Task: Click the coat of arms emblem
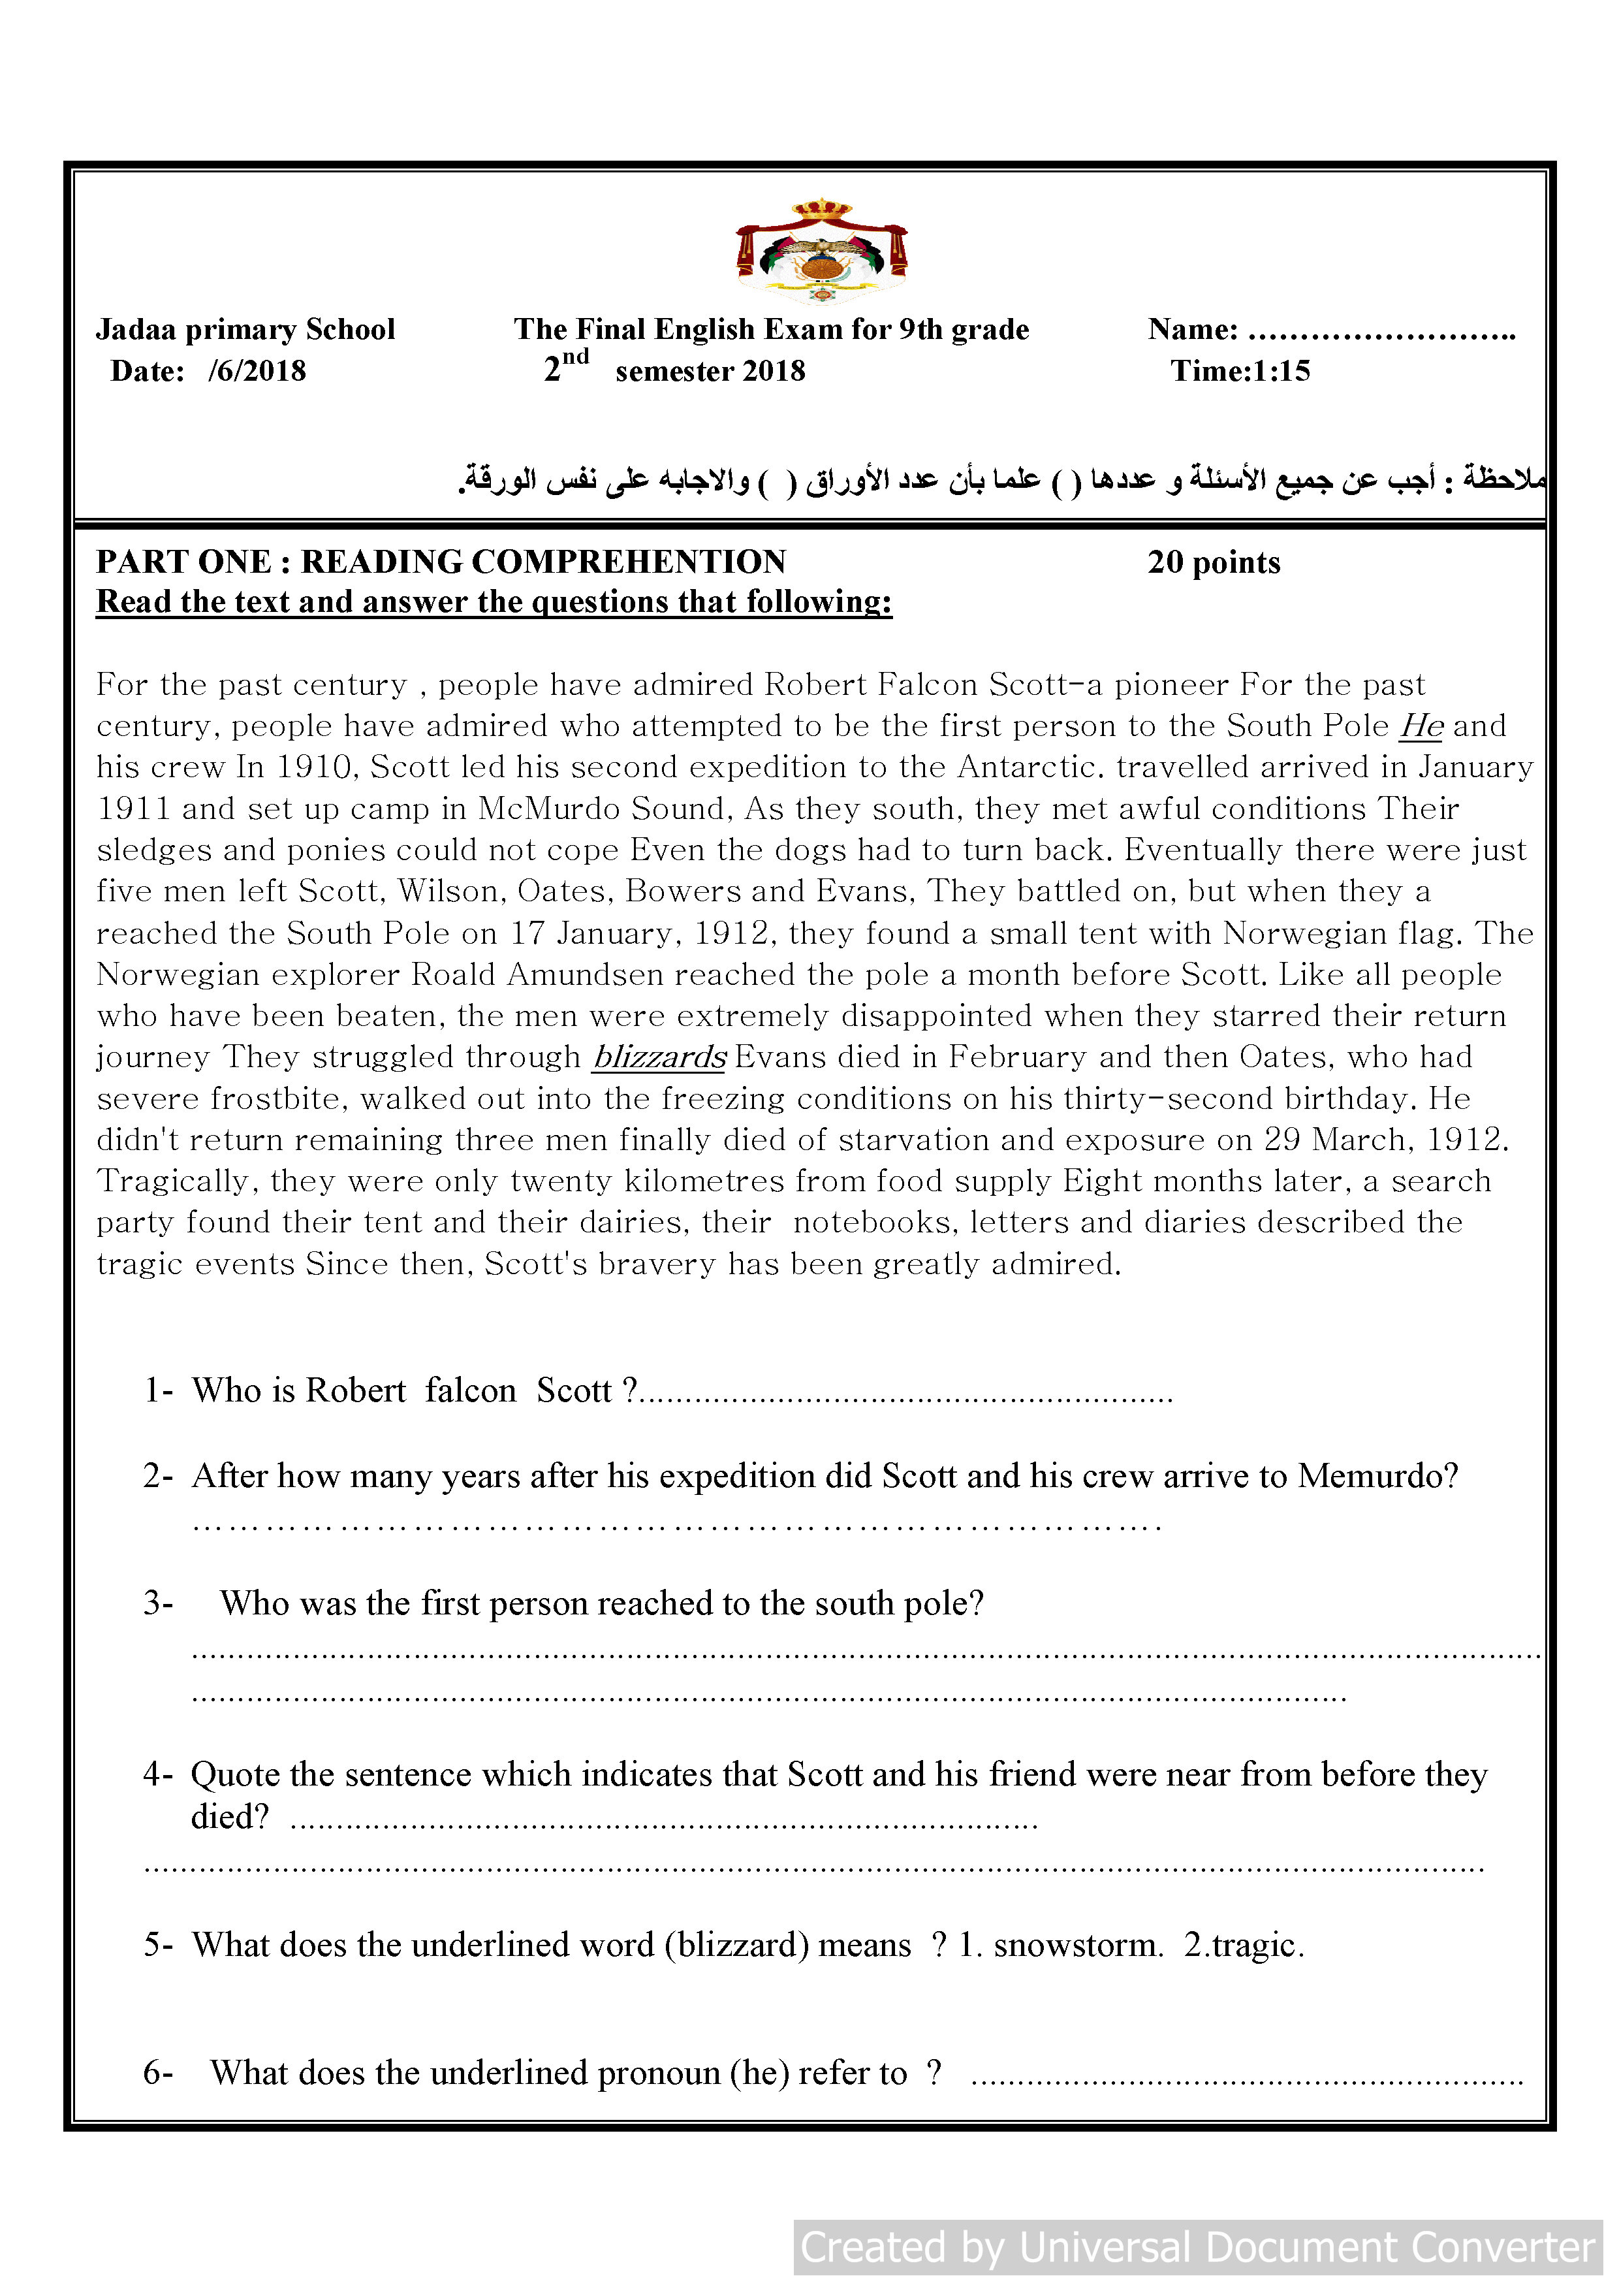[x=821, y=251]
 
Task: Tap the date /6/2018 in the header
[x=257, y=371]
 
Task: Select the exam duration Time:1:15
[x=1240, y=371]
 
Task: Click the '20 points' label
[x=1213, y=563]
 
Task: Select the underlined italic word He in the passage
[x=1421, y=726]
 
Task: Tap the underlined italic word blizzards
[x=659, y=1057]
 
